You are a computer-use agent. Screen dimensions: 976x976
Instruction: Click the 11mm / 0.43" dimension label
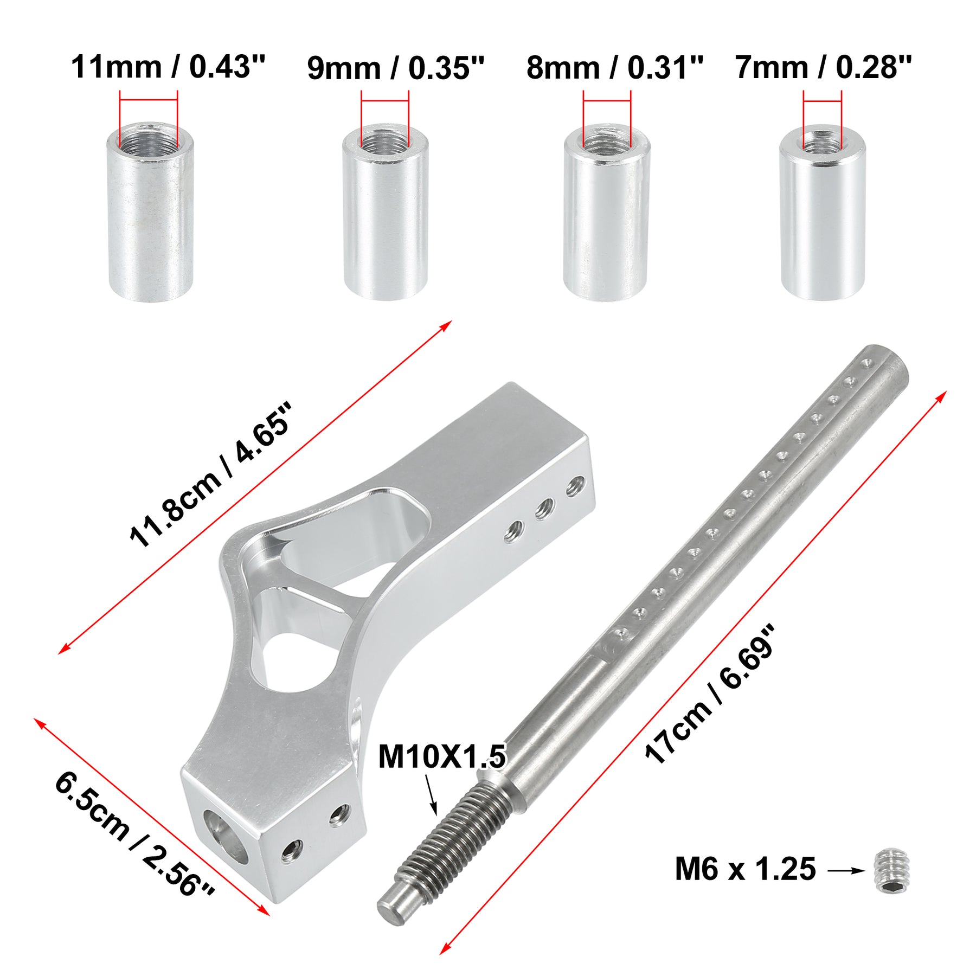(168, 67)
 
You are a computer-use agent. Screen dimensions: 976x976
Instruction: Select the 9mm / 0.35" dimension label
(395, 68)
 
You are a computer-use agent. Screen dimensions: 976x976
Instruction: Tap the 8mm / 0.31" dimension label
(615, 68)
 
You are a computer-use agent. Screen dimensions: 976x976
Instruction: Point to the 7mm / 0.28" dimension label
(824, 68)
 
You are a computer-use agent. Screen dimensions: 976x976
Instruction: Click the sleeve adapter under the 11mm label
(150, 211)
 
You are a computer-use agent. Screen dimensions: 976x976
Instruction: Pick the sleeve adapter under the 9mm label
(386, 211)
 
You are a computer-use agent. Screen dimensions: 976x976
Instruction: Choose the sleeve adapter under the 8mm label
(607, 211)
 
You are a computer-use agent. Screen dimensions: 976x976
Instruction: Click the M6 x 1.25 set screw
(893, 870)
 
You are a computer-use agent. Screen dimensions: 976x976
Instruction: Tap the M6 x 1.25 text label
(745, 869)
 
